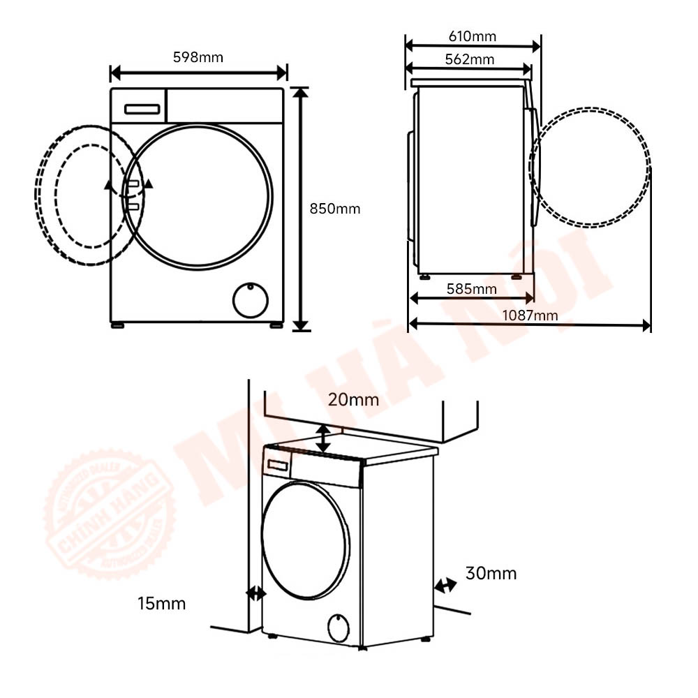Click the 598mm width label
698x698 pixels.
coord(198,57)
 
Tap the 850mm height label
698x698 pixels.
coord(335,209)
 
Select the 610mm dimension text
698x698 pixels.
coord(473,36)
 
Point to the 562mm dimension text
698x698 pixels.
coord(470,59)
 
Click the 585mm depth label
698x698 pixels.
coord(471,289)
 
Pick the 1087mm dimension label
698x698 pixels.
coord(530,315)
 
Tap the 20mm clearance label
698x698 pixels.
coord(353,400)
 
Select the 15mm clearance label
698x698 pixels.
coord(162,604)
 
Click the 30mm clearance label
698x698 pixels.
coord(491,573)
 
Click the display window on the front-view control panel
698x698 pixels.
coord(142,109)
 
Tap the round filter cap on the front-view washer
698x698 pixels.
coord(250,300)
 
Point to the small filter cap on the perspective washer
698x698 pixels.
coord(339,628)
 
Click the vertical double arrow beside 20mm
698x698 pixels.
coord(323,438)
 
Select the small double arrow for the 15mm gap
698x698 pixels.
coord(256,593)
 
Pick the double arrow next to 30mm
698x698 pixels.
coord(445,585)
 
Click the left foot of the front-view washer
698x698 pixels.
coord(117,325)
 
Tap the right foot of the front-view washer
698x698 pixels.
coord(276,325)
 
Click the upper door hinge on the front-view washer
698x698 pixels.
coord(133,184)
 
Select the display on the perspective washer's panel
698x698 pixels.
coord(278,466)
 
